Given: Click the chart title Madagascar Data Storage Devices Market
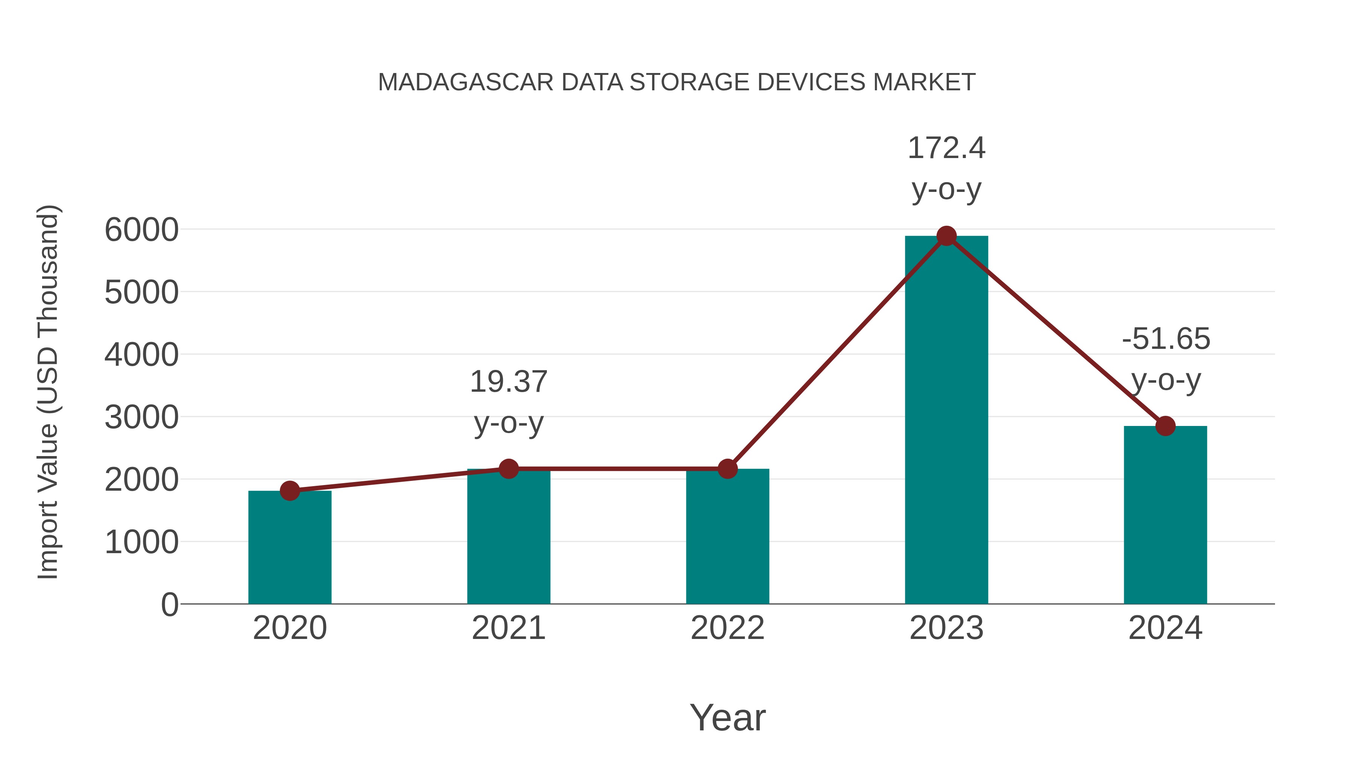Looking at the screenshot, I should (677, 82).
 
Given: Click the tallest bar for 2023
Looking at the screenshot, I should (946, 421).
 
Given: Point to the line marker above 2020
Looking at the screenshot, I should (290, 491).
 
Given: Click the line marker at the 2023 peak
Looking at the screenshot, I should (946, 236).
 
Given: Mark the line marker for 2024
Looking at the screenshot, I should (1165, 426).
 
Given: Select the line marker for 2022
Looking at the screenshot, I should (727, 468).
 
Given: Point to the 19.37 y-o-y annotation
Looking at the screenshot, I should (508, 402).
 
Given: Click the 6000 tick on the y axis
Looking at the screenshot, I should (141, 230).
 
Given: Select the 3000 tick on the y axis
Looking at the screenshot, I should (141, 418).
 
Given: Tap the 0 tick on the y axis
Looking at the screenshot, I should (169, 605).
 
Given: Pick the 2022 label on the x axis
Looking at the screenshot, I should (727, 628).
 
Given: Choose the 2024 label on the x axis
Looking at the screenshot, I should (1165, 628).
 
